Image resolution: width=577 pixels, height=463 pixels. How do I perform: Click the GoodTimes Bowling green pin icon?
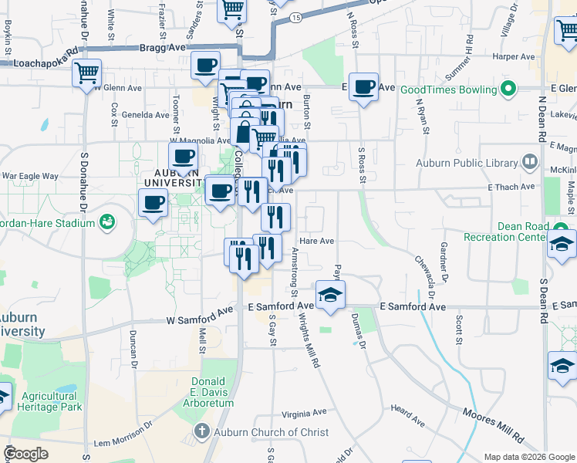click(508, 90)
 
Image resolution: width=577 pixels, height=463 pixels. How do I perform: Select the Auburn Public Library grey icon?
click(529, 162)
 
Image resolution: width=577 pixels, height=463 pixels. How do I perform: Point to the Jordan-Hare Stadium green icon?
click(108, 223)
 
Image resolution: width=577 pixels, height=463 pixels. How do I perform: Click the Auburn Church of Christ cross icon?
click(202, 431)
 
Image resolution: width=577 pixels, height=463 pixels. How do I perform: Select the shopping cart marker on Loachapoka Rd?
click(87, 73)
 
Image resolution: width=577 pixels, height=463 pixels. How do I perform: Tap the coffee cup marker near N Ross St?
click(363, 86)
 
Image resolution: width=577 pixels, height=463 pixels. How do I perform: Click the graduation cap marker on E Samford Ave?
click(330, 294)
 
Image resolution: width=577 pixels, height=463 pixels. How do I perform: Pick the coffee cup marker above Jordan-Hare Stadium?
click(153, 203)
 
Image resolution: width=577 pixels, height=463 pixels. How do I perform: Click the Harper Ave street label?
click(514, 56)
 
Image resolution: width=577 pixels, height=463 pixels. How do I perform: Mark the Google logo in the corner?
click(26, 454)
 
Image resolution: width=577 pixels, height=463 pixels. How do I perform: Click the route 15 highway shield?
click(296, 16)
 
